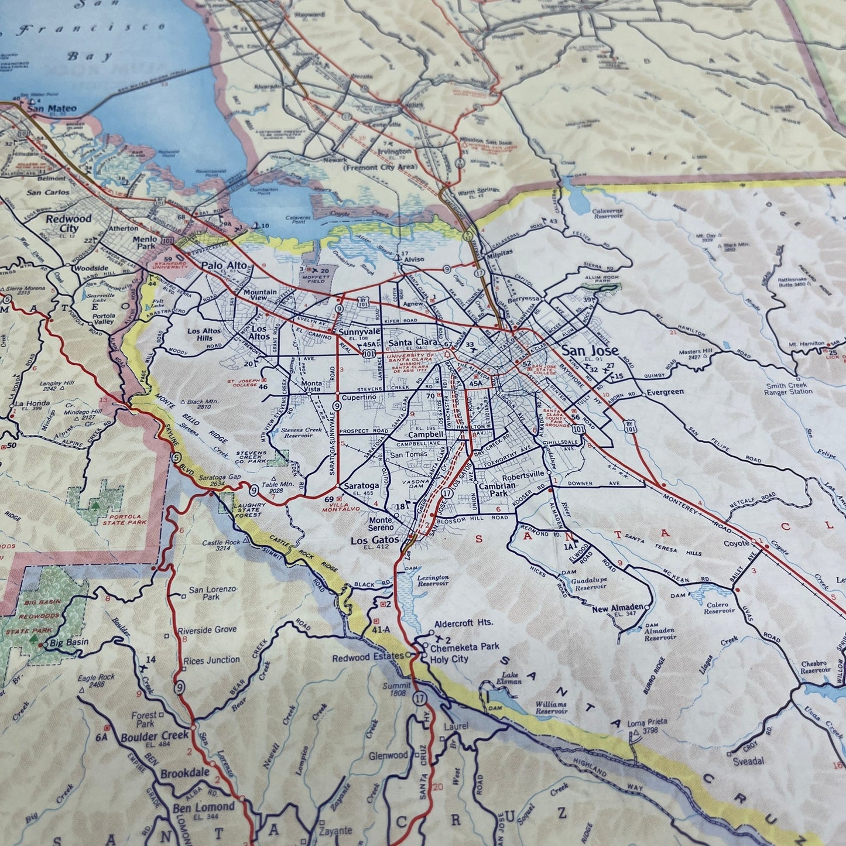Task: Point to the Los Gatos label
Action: coord(375,540)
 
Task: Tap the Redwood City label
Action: coord(69,223)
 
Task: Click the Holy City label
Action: coord(449,659)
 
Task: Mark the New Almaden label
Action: coord(618,608)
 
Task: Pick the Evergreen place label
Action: coord(665,392)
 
